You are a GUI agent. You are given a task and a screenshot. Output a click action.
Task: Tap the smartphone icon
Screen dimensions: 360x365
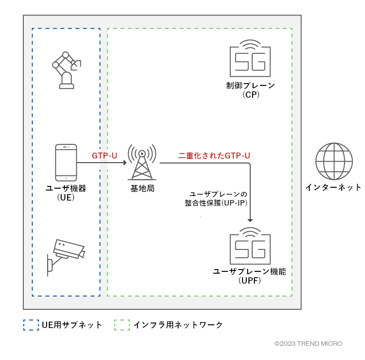click(x=66, y=163)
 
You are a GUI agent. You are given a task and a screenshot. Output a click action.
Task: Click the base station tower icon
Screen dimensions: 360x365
click(x=142, y=162)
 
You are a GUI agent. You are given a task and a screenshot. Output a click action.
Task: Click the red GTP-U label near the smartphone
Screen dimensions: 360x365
click(x=105, y=156)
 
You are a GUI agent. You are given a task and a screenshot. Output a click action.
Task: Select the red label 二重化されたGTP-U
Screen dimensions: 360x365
click(x=214, y=156)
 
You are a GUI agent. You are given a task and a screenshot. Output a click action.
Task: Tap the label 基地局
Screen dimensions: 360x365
click(x=142, y=188)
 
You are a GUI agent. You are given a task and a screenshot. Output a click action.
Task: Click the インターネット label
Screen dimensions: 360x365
click(x=333, y=187)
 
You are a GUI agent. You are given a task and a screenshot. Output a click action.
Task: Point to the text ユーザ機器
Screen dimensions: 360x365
click(x=66, y=188)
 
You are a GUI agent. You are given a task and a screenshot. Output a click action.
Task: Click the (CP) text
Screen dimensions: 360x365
click(x=251, y=95)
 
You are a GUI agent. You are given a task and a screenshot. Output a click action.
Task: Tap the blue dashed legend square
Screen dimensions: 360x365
click(x=31, y=325)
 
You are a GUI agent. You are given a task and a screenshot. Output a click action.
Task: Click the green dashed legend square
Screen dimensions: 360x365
click(x=122, y=325)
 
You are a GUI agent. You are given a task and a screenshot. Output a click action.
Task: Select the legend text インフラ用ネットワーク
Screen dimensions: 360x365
click(x=178, y=325)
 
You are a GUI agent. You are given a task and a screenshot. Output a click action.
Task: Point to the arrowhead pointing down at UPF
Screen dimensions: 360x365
click(x=250, y=219)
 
